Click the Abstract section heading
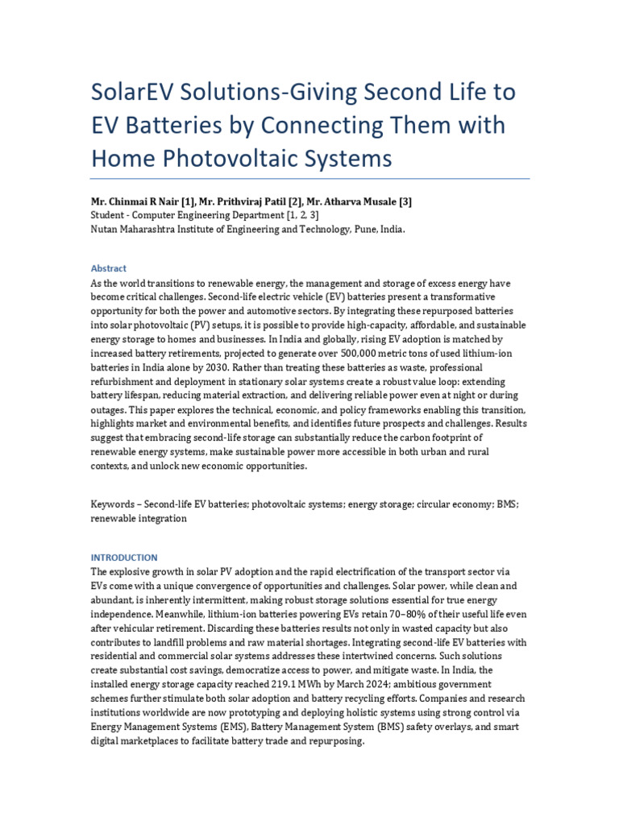[x=109, y=268]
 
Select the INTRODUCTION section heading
[x=124, y=558]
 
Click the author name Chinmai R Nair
[x=152, y=203]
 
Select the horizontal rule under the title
[x=310, y=179]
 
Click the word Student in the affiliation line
[x=108, y=216]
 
